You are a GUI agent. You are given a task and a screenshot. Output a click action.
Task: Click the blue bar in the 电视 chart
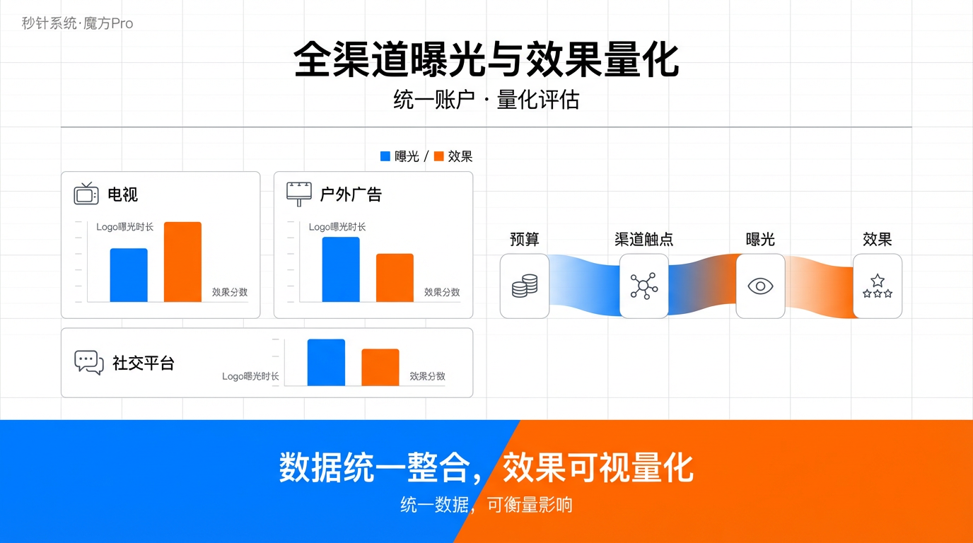pos(129,275)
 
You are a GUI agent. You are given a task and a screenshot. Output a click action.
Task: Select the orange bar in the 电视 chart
pos(182,262)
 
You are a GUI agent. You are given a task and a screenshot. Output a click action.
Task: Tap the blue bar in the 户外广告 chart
pos(341,269)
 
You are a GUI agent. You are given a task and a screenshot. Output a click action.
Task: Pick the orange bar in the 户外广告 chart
pos(395,278)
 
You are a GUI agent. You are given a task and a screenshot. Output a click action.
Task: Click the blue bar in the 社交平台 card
pos(326,363)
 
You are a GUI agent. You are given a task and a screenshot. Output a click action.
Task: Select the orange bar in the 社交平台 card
pos(380,368)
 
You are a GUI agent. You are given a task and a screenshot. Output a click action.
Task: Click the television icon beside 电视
pos(86,193)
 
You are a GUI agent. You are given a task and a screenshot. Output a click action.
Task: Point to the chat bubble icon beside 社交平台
pos(89,362)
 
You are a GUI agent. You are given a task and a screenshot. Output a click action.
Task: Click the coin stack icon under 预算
pos(525,286)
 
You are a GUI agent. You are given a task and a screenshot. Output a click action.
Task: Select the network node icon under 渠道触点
pos(643,286)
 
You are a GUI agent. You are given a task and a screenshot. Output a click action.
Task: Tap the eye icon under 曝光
pos(760,286)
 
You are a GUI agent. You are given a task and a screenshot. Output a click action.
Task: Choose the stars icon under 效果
pos(878,286)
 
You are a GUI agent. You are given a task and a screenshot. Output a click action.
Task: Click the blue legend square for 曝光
pos(385,156)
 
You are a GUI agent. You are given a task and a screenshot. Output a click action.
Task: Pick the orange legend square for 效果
pos(438,156)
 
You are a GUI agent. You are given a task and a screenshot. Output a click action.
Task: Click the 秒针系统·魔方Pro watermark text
pos(77,23)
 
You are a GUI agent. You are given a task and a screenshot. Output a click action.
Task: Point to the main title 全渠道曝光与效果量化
pos(486,59)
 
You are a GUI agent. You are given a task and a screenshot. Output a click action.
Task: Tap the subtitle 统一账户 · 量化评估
pos(486,100)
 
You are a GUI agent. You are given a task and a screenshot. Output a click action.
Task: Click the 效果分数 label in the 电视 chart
pos(230,292)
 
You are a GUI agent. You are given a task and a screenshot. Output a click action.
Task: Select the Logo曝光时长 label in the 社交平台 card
pos(250,376)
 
